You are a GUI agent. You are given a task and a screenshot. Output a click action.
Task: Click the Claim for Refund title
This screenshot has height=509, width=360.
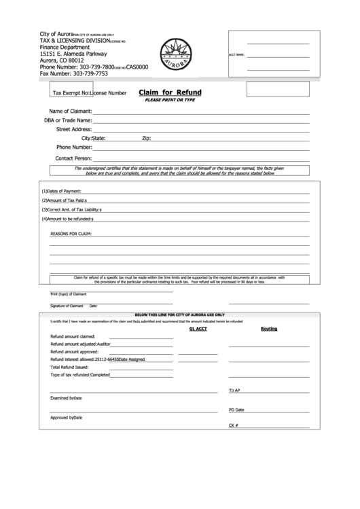pos(170,92)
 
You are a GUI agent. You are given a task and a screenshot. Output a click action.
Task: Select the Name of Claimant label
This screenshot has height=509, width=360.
pos(71,111)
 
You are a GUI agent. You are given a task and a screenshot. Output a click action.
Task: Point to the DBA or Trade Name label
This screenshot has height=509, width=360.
pos(68,120)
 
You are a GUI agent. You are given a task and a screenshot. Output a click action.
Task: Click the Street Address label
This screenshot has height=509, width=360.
pos(74,128)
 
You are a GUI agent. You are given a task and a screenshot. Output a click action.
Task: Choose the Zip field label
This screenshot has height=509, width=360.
pos(145,138)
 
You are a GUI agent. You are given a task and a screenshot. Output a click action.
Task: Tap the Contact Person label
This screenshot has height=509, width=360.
pos(73,158)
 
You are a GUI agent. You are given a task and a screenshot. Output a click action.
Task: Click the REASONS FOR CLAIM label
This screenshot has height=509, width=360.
pos(71,234)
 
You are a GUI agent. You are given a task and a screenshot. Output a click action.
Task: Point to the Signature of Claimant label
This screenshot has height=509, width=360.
pos(66,306)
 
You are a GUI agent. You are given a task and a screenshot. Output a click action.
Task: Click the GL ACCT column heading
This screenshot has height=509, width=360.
pos(197,328)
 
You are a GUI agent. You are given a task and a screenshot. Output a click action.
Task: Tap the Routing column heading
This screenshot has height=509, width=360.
pos(269,328)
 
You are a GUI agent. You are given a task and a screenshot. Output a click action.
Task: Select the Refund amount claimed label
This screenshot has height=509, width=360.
pos(73,336)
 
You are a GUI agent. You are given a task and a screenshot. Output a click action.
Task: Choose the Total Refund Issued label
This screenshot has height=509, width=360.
pos(69,366)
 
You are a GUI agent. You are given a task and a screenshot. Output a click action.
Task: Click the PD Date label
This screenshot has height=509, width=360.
pos(236,410)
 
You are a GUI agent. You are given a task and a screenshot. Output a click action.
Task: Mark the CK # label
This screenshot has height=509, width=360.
pos(233,425)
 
